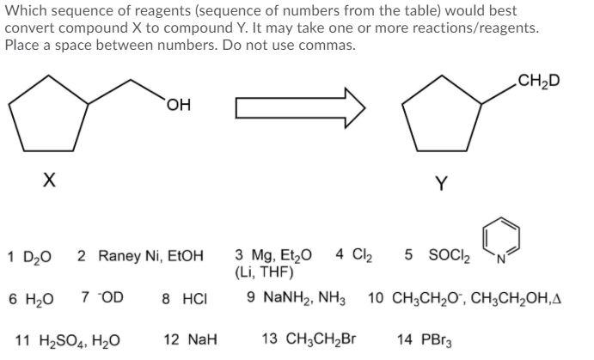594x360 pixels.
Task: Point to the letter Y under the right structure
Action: pos(440,183)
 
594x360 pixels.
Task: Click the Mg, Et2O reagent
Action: pos(273,255)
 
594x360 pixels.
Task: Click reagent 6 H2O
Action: pos(31,299)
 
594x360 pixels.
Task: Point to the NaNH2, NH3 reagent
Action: pos(295,299)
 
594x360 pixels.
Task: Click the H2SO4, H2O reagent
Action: pos(68,341)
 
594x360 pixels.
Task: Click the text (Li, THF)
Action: pos(264,273)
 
